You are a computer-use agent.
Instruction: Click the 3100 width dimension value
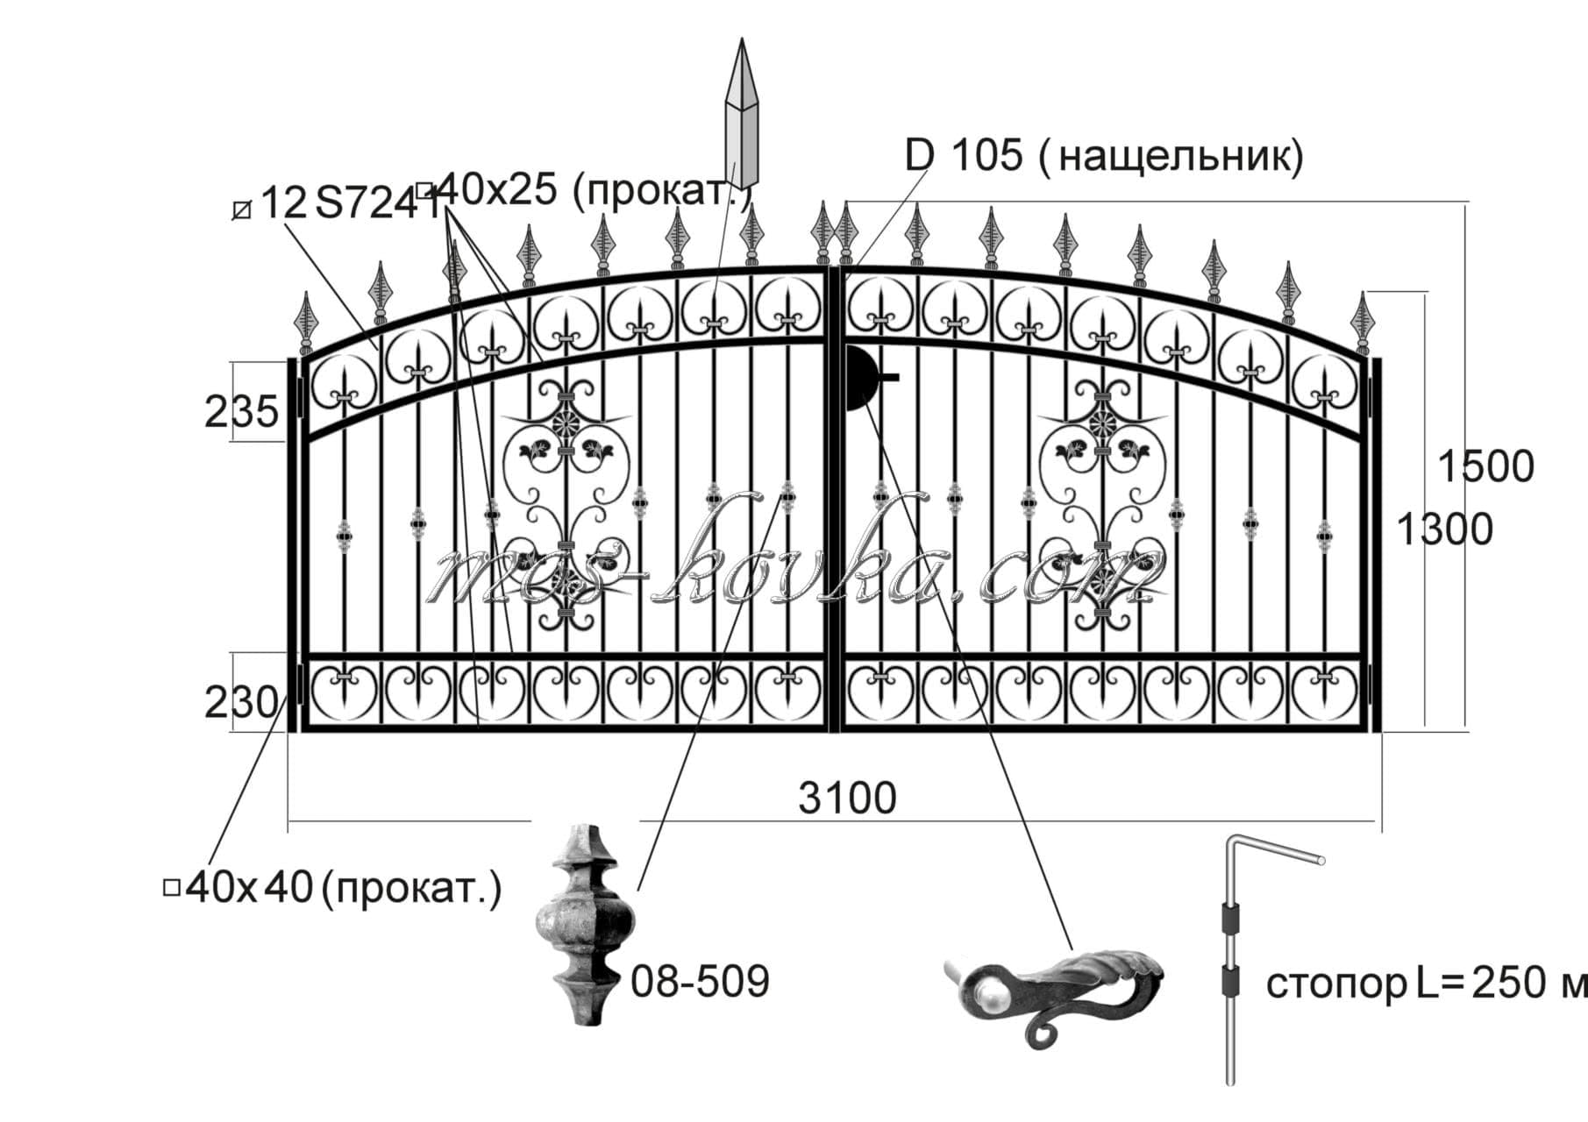[x=847, y=799]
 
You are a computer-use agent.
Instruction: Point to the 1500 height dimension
[x=1487, y=467]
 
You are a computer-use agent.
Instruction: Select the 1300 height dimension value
[x=1443, y=530]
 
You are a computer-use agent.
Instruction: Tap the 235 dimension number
[x=241, y=412]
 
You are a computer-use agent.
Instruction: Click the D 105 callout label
[x=964, y=156]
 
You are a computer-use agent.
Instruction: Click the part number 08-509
[x=700, y=982]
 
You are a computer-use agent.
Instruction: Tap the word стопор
[x=1335, y=984]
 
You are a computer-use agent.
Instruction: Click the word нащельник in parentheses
[x=1179, y=157]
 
